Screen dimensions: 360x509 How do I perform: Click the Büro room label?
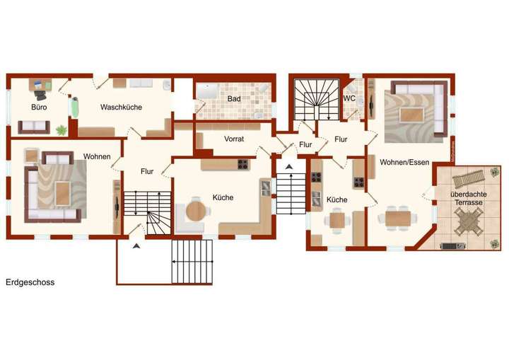coord(39,108)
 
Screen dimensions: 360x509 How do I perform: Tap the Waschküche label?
coord(121,108)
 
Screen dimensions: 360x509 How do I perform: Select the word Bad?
coord(234,99)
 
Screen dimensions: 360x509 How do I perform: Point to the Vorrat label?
coord(234,139)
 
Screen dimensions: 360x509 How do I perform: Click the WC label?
coord(349,99)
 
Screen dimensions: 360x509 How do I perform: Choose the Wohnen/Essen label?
coord(404,163)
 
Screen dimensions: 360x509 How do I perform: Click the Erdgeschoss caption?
coord(30,282)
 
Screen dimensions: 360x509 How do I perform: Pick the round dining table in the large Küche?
coord(197,211)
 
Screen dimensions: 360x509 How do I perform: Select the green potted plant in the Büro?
coord(62,129)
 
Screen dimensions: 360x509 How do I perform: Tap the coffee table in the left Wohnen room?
coord(63,191)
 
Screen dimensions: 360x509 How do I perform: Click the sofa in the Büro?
coord(33,127)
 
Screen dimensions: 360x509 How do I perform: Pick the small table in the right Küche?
coord(337,220)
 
